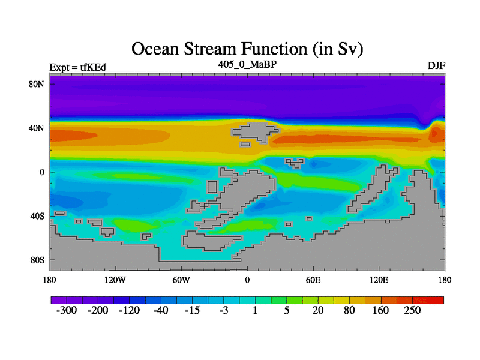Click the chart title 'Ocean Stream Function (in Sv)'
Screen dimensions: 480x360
pyautogui.click(x=247, y=49)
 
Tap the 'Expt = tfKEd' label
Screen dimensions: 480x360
pyautogui.click(x=78, y=67)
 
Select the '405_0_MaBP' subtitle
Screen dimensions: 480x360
pyautogui.click(x=247, y=64)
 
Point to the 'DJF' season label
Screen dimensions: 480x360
pyautogui.click(x=436, y=65)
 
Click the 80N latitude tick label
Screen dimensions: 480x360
pyautogui.click(x=36, y=84)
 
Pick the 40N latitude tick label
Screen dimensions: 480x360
pyautogui.click(x=36, y=128)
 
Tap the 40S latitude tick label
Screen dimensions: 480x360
pyautogui.click(x=37, y=216)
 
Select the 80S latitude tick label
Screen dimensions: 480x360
pyautogui.click(x=37, y=260)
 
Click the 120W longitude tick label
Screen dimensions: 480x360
pyautogui.click(x=115, y=280)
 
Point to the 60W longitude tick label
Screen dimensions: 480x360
pyautogui.click(x=181, y=280)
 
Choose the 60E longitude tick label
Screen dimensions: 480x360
pyautogui.click(x=313, y=280)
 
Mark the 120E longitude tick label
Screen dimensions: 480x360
pyautogui.click(x=379, y=280)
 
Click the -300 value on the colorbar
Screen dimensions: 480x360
pyautogui.click(x=67, y=310)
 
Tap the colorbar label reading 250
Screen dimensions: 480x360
pyautogui.click(x=412, y=310)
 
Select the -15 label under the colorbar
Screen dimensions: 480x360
pyautogui.click(x=192, y=310)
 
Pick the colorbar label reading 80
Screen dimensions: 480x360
pyautogui.click(x=349, y=310)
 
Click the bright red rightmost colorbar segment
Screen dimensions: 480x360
pyautogui.click(x=436, y=300)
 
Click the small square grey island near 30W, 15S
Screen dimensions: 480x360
pyautogui.click(x=212, y=187)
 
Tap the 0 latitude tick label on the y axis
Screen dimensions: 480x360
pyautogui.click(x=41, y=172)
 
